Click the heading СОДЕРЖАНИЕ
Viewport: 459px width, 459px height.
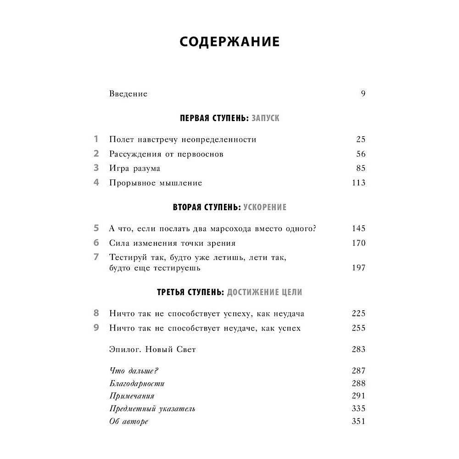tap(229, 41)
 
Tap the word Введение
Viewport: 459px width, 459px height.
tap(129, 94)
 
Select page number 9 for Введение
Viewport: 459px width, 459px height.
tap(363, 94)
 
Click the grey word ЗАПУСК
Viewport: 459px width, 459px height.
tap(265, 118)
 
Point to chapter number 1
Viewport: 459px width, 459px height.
tap(96, 139)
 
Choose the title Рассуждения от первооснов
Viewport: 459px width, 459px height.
tap(166, 154)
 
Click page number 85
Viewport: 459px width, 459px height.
tap(360, 168)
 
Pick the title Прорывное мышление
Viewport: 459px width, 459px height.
tap(156, 183)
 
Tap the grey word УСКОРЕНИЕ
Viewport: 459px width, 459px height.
tap(265, 207)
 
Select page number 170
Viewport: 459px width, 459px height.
tap(358, 243)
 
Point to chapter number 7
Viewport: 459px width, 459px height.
tap(96, 257)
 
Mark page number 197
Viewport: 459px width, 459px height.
tap(358, 268)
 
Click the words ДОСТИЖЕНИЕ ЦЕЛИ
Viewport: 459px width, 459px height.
tap(264, 292)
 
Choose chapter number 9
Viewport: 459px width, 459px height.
tap(96, 328)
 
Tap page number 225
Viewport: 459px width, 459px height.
tap(358, 314)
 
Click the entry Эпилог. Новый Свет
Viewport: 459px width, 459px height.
tap(153, 349)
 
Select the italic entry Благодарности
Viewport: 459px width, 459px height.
tap(137, 383)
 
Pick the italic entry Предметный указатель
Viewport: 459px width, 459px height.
tap(152, 409)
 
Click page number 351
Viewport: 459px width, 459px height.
tap(358, 421)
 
